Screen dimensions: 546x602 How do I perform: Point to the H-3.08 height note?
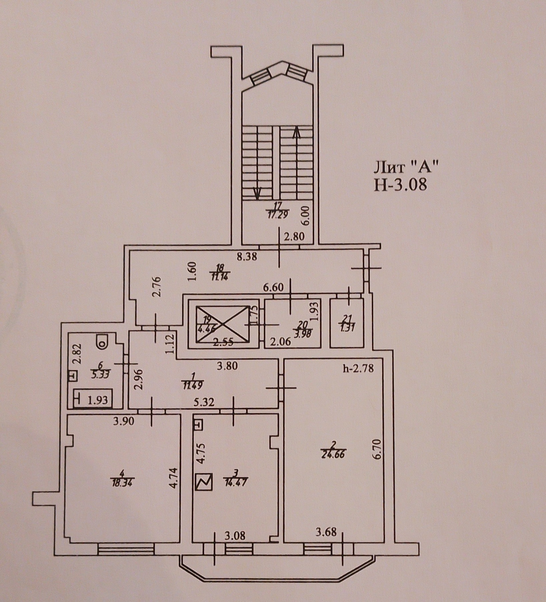400,185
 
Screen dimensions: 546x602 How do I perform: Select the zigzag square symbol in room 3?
204,482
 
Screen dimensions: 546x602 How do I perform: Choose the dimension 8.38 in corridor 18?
247,257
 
